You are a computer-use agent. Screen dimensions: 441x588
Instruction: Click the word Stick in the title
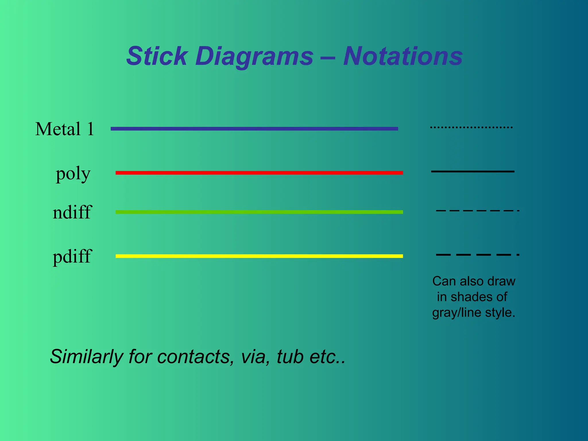point(157,56)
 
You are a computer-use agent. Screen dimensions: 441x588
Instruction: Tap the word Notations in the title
point(403,56)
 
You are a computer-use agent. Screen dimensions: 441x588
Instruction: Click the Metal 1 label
point(65,129)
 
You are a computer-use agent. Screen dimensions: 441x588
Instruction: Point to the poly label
point(73,173)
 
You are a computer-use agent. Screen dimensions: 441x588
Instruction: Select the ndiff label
point(72,212)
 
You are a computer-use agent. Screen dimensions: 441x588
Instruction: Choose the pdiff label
point(72,256)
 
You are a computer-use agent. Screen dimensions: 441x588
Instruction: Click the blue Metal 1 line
point(254,129)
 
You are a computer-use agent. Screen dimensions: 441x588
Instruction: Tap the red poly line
point(259,173)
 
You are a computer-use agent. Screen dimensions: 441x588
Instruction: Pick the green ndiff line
point(259,212)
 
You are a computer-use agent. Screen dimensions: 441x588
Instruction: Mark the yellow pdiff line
point(259,256)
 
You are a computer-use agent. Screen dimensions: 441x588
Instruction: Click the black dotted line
point(471,127)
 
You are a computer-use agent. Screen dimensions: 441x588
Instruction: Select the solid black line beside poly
point(473,171)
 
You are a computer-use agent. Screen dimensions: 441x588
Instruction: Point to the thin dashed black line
point(477,211)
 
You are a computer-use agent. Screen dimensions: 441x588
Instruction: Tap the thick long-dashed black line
point(477,255)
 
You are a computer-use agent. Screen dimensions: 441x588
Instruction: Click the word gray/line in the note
point(457,313)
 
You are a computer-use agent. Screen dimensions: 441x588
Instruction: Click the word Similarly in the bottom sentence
point(86,357)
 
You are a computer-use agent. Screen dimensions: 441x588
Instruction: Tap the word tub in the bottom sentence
point(290,357)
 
